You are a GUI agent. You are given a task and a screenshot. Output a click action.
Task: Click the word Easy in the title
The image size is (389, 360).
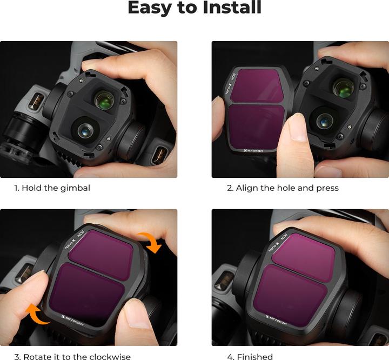pyautogui.click(x=153, y=9)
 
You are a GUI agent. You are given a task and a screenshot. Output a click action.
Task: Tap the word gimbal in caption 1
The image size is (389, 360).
pyautogui.click(x=73, y=188)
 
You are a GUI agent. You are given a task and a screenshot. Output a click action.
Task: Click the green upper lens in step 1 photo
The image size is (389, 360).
pyautogui.click(x=104, y=99)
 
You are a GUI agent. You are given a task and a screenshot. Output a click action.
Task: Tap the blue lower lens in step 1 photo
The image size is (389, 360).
pyautogui.click(x=85, y=130)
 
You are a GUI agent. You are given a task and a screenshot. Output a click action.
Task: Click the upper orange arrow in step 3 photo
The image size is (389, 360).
pyautogui.click(x=152, y=242)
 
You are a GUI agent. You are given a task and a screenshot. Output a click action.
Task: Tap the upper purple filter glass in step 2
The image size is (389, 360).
pyautogui.click(x=260, y=85)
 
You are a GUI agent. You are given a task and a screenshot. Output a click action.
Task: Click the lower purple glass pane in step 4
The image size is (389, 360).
pyautogui.click(x=294, y=290)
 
